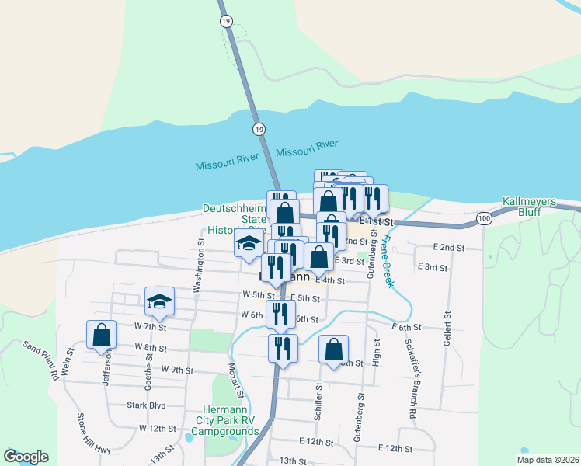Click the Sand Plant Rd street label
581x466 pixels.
click(40, 360)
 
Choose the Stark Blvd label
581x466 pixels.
click(147, 405)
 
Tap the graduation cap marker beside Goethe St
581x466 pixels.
click(159, 301)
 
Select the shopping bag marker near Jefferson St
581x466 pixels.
click(102, 335)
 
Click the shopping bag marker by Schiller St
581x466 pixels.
click(333, 349)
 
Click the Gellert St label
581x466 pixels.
click(448, 330)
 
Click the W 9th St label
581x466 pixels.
click(177, 370)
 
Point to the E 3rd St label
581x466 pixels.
click(433, 267)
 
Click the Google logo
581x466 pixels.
click(26, 457)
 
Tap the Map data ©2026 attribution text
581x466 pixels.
click(547, 460)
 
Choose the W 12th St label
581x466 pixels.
click(154, 428)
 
